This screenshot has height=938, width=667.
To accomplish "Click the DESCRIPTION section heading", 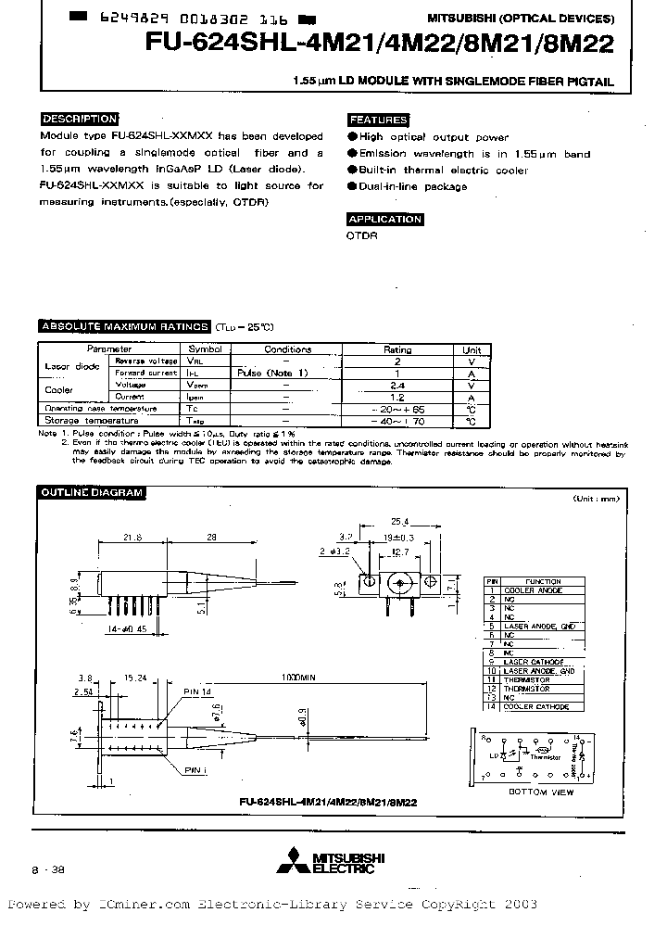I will coord(80,119).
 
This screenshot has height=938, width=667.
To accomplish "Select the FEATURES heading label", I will coord(378,120).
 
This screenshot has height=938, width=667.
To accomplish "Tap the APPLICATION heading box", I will coord(384,220).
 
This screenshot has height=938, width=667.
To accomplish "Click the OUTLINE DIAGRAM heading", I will coord(90,492).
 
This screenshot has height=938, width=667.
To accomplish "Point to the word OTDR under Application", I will coord(362,235).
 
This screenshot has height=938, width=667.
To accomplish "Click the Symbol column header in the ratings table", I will coord(206,349).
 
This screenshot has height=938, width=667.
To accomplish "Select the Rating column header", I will coord(397,349).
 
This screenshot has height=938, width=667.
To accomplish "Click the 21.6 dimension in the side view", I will coord(133,537).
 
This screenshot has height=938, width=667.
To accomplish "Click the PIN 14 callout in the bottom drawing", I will coord(198,691).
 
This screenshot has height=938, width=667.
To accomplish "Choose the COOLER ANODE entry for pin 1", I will coord(533,589).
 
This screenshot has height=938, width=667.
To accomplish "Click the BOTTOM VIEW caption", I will coord(541,792).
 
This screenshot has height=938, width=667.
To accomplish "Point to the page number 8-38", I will coord(47,871).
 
